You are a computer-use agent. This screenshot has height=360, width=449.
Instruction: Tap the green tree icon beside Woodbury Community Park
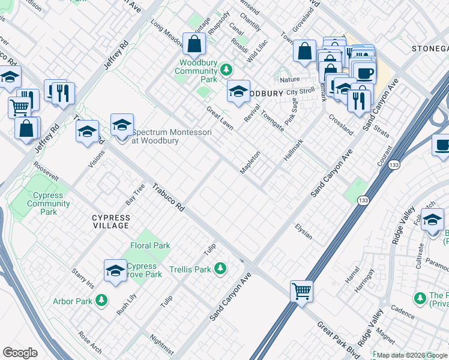coord(226,70)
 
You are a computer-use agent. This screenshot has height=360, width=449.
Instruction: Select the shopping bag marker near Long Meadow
coord(194,44)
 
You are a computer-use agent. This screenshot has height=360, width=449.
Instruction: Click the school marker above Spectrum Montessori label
coord(122,125)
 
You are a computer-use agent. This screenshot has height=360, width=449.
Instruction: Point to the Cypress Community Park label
coord(49,203)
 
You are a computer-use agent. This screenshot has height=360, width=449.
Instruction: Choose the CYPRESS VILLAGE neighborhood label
coord(110,221)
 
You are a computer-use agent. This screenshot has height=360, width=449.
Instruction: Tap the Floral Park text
coord(150,245)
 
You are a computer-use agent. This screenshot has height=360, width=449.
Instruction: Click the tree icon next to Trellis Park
coord(221,268)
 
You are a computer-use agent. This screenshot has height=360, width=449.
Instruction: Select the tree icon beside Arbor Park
coord(101,299)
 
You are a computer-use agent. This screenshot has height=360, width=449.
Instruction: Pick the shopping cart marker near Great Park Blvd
coord(301,292)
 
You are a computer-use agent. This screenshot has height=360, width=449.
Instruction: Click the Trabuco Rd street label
coord(168,197)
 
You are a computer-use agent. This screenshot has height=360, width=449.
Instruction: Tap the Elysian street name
coord(304,232)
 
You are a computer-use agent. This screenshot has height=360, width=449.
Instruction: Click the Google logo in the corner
coord(20,353)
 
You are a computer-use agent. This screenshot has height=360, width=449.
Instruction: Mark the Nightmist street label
coord(162,344)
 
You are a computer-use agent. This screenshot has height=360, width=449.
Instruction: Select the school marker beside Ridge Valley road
coord(432,221)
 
